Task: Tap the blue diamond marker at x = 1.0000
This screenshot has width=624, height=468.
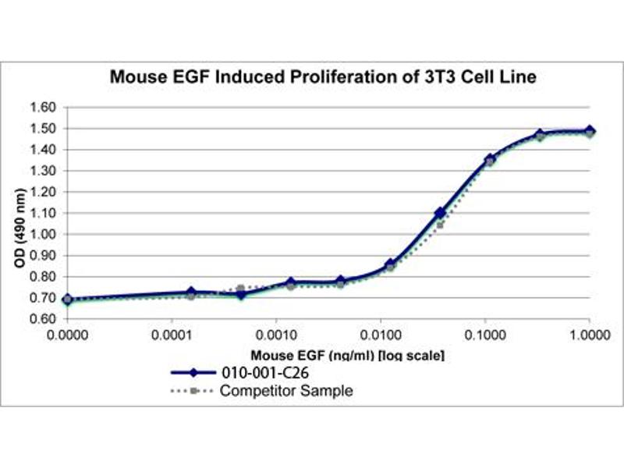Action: (x=590, y=131)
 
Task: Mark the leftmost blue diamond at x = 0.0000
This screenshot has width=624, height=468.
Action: (x=68, y=299)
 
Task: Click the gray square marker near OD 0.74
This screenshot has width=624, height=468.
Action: (x=241, y=289)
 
